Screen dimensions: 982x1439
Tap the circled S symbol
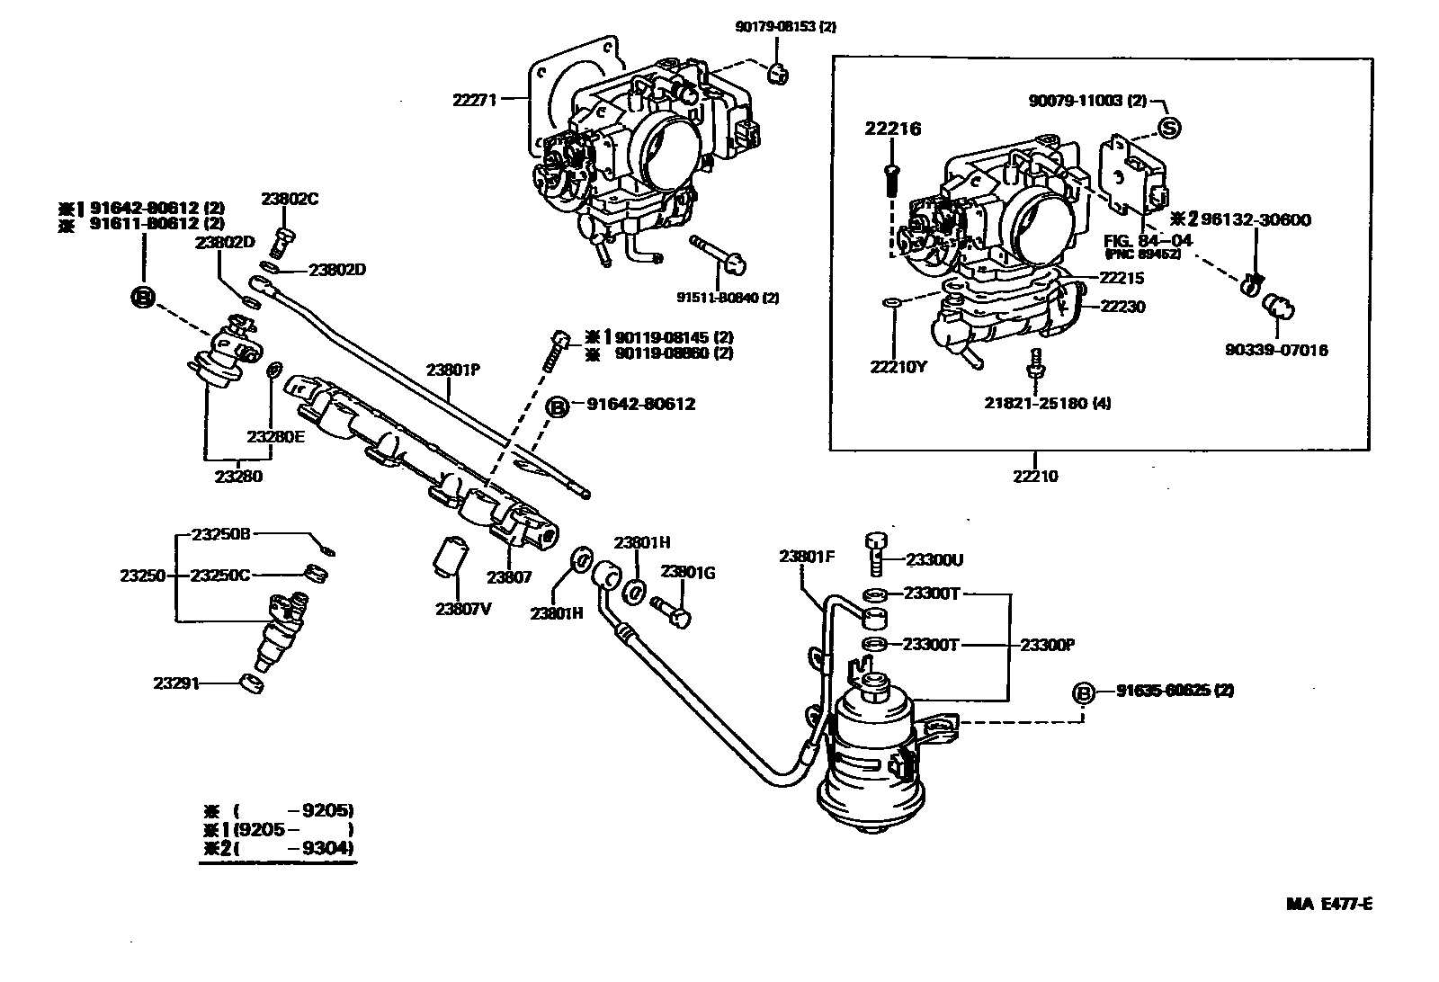(x=1168, y=128)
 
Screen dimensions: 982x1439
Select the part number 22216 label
(x=893, y=129)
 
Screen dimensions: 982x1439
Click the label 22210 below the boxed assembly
(x=1035, y=477)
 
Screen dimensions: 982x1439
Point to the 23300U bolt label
(x=934, y=560)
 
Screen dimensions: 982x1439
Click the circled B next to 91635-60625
(x=1083, y=692)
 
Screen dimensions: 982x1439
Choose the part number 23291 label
(x=174, y=683)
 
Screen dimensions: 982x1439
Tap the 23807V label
(x=463, y=609)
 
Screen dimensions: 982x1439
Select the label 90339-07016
(x=1276, y=350)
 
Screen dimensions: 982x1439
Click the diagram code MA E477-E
(x=1329, y=905)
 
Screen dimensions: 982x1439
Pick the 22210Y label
(x=897, y=366)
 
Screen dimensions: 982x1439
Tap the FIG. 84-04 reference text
(x=1135, y=240)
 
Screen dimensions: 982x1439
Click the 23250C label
(x=220, y=576)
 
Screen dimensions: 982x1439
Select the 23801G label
(x=688, y=572)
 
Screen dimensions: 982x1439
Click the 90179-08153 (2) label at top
(x=784, y=28)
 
